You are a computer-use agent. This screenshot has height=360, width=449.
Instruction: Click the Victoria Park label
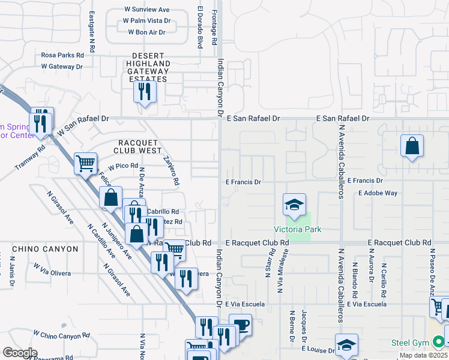tap(298, 229)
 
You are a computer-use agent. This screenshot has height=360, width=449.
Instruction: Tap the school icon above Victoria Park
tap(295, 205)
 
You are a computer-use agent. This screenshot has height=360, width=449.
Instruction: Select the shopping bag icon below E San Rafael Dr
tap(412, 146)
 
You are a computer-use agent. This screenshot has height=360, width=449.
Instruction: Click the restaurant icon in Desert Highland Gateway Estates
tap(144, 91)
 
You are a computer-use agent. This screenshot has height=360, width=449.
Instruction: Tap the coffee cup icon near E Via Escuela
tap(240, 325)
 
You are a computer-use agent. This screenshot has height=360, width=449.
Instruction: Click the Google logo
tap(20, 353)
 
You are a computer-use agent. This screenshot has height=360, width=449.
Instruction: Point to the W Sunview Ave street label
tap(147, 10)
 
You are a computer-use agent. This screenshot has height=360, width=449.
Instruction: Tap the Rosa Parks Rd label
tap(62, 55)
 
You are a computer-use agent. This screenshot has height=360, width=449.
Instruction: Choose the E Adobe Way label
tap(378, 193)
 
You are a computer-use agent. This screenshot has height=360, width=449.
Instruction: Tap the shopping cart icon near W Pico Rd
tap(85, 162)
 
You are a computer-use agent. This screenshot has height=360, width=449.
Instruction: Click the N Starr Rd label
tap(266, 263)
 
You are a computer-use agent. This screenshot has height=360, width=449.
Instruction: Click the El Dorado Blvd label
tap(199, 28)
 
